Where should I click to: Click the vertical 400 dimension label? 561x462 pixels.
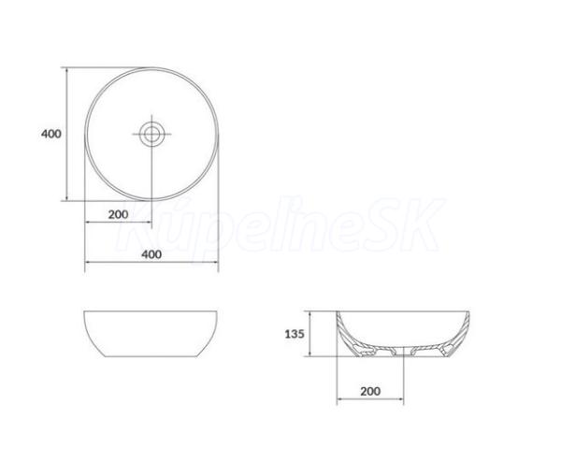tap(51, 134)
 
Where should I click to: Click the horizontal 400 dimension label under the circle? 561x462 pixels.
tap(151, 254)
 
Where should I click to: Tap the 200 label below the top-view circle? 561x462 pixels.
tap(118, 215)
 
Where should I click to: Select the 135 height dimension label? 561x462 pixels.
tap(295, 334)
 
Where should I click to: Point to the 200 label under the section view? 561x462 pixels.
tap(370, 392)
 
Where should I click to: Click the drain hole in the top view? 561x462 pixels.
tap(151, 134)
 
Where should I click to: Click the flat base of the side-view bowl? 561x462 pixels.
tap(151, 356)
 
